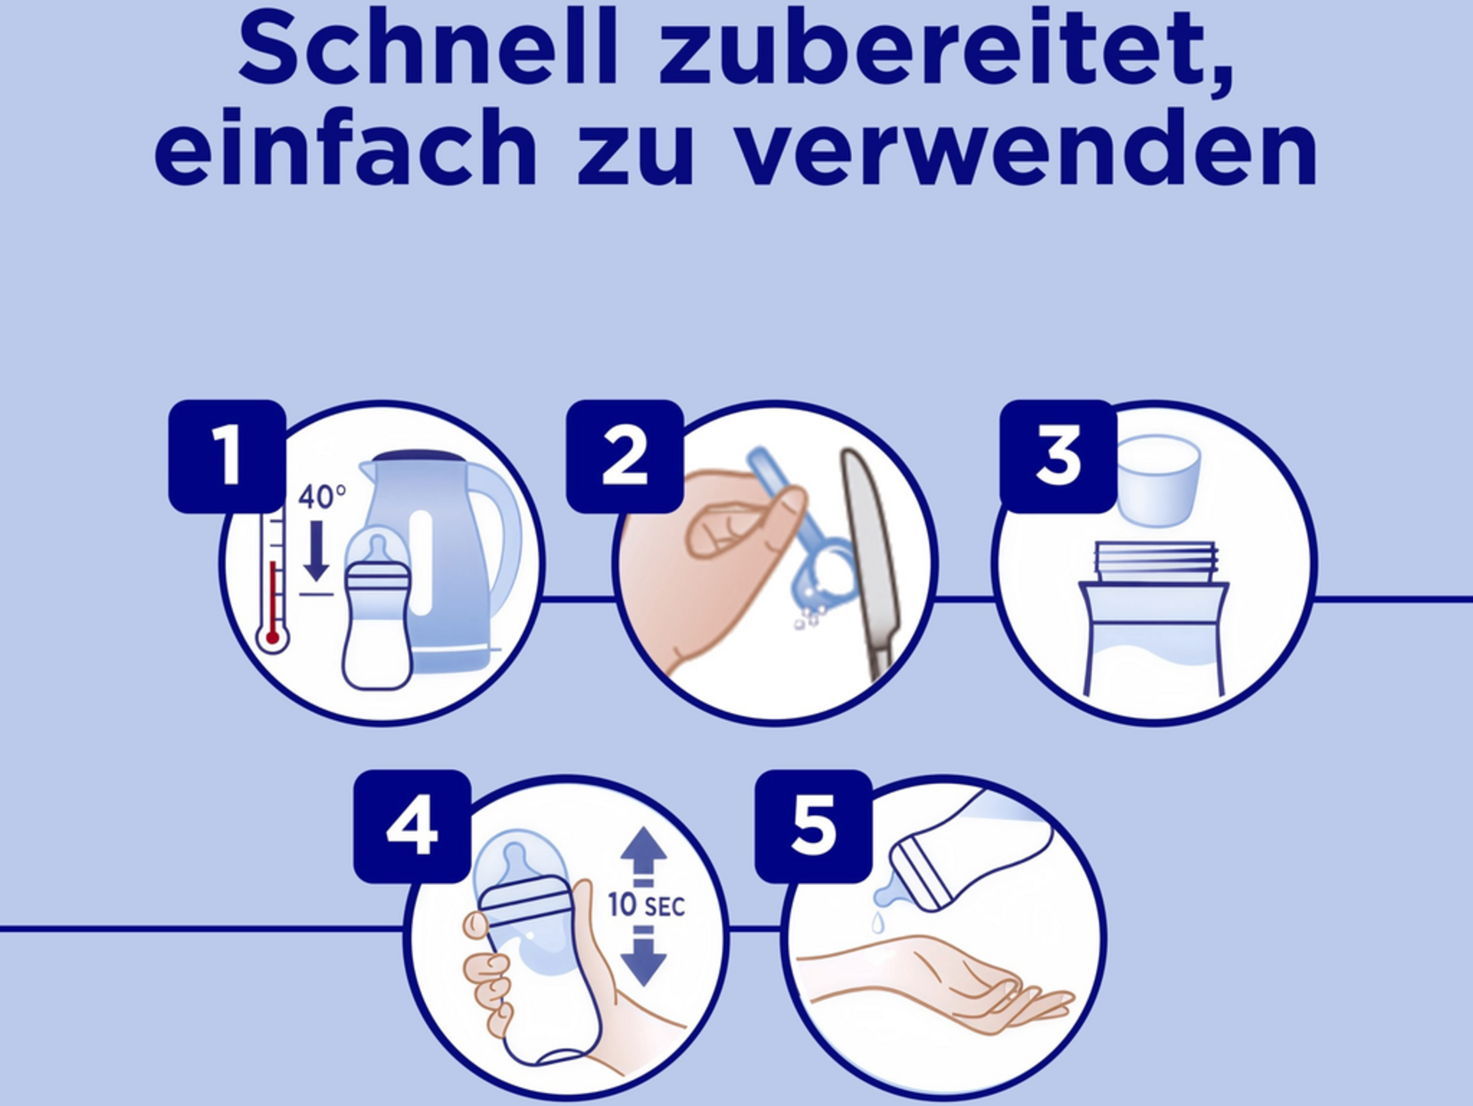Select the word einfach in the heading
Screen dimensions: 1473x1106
[x=346, y=147]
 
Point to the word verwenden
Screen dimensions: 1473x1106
[x=1028, y=147]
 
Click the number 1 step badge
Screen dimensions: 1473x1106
[x=227, y=456]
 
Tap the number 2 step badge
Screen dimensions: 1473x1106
[x=625, y=456]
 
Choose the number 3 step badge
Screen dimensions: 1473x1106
[x=1058, y=456]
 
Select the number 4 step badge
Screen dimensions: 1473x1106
[x=412, y=826]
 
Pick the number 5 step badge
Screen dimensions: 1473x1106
[x=813, y=826]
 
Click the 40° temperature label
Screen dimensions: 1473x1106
[x=322, y=497]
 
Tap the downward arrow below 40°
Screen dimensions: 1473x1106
[x=315, y=550]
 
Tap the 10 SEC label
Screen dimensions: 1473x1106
[x=646, y=905]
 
